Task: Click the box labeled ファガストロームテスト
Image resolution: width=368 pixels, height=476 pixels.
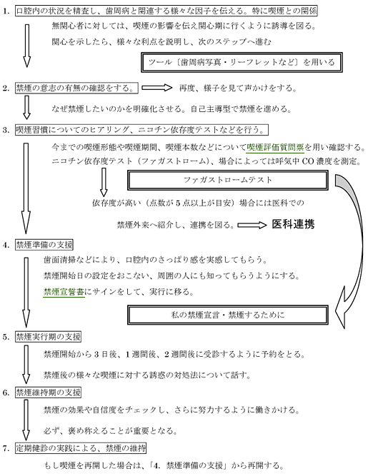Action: pyautogui.click(x=228, y=180)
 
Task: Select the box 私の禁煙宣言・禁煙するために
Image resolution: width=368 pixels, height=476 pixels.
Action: pyautogui.click(x=228, y=315)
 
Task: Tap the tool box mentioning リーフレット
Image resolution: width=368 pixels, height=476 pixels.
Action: pyautogui.click(x=242, y=62)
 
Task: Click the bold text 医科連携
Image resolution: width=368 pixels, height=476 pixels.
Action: pyautogui.click(x=293, y=224)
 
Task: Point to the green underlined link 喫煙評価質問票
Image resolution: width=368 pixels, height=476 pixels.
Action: pyautogui.click(x=275, y=148)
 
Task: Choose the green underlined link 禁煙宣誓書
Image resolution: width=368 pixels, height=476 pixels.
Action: pyautogui.click(x=64, y=292)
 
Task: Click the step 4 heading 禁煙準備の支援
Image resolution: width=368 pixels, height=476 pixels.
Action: pyautogui.click(x=44, y=245)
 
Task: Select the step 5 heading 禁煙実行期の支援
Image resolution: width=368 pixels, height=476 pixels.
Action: pyautogui.click(x=49, y=337)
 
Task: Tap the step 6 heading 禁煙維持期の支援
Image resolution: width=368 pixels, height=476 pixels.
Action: pyautogui.click(x=49, y=393)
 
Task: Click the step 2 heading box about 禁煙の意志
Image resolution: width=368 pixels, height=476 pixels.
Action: pyautogui.click(x=77, y=88)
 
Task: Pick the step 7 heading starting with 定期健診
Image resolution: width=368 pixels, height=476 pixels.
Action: pyautogui.click(x=81, y=448)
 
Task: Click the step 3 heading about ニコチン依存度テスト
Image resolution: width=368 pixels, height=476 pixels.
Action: pyautogui.click(x=142, y=130)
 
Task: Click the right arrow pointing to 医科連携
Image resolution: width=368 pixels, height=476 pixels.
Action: pyautogui.click(x=252, y=225)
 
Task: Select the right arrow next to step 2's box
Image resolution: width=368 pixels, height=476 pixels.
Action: pyautogui.click(x=156, y=88)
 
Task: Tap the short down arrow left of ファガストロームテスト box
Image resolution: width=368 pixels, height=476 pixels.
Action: pyautogui.click(x=104, y=182)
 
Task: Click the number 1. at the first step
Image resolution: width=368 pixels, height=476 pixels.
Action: pyautogui.click(x=6, y=11)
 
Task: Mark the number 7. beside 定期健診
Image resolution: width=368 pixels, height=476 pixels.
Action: pyautogui.click(x=6, y=448)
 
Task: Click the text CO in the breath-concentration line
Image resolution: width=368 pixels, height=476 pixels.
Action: pyautogui.click(x=308, y=161)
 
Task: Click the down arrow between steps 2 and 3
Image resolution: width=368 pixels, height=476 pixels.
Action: pyautogui.click(x=26, y=108)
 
